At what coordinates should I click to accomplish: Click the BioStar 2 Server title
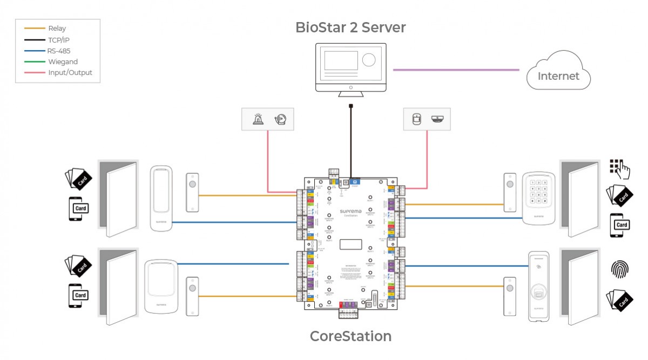pyautogui.click(x=350, y=28)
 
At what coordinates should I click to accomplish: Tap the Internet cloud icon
pyautogui.click(x=558, y=71)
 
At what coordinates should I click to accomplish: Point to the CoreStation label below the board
pyautogui.click(x=350, y=336)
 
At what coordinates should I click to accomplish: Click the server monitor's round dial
pyautogui.click(x=369, y=59)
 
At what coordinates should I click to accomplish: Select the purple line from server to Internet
pyautogui.click(x=456, y=70)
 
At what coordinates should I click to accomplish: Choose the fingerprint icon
pyautogui.click(x=619, y=269)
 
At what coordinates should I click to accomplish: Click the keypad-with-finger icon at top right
pyautogui.click(x=620, y=169)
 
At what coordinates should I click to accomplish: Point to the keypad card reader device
pyautogui.click(x=538, y=199)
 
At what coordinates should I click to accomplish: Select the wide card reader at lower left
pyautogui.click(x=161, y=287)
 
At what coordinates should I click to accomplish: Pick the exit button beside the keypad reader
pyautogui.click(x=509, y=193)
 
